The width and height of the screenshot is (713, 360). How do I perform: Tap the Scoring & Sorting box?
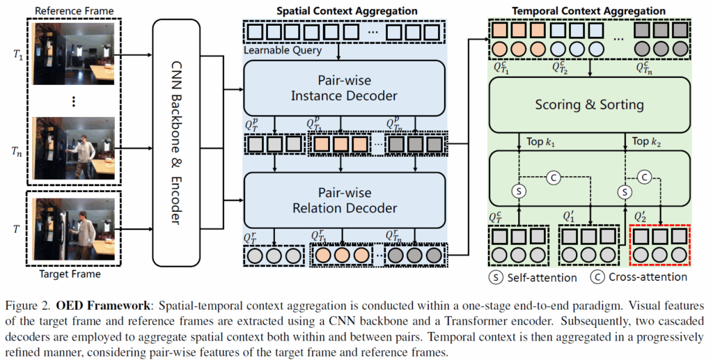588,105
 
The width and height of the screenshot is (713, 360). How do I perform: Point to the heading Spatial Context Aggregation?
347,11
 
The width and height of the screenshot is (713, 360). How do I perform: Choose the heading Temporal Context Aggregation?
589,11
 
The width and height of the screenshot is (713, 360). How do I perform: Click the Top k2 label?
645,141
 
